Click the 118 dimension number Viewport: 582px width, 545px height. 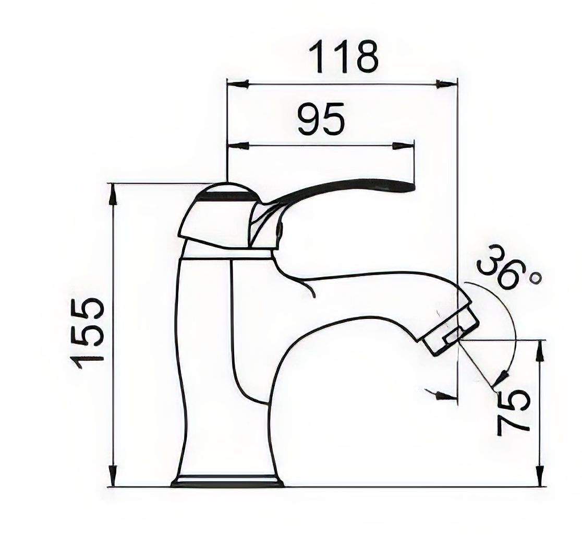344,57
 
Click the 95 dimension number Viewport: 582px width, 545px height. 321,119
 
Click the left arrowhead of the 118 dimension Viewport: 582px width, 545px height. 238,84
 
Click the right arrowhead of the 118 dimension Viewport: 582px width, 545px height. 446,84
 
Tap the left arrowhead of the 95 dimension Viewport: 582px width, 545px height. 238,146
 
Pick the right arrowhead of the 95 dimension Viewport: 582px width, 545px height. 403,146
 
